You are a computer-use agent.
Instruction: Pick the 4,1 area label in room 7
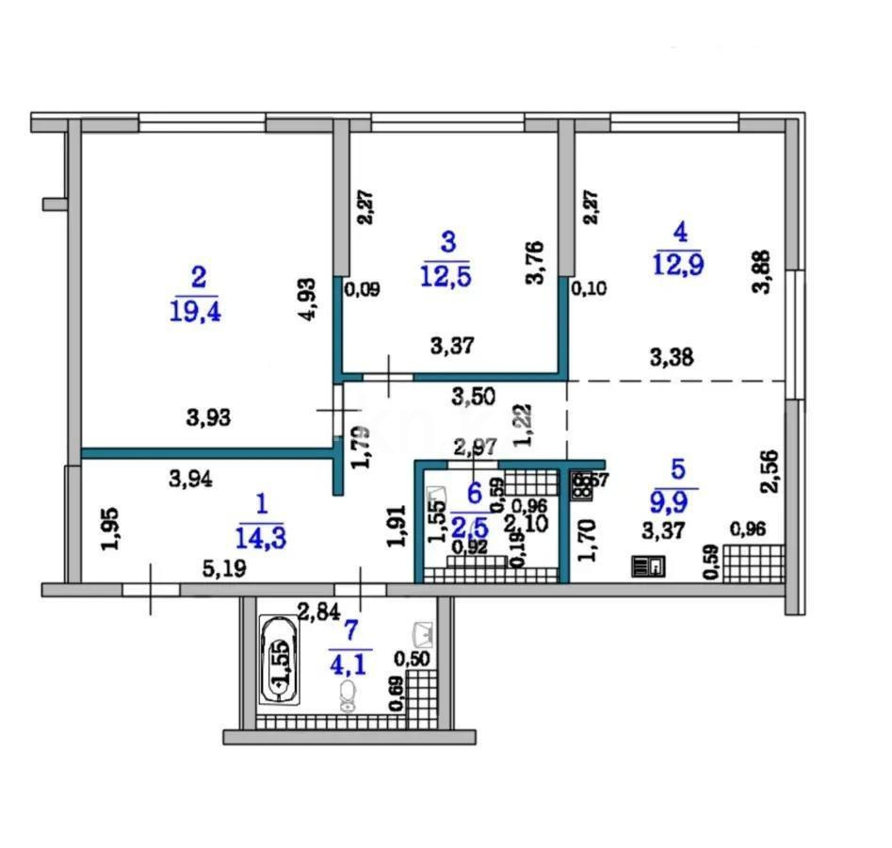(x=350, y=662)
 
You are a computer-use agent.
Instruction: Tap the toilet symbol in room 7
(x=348, y=697)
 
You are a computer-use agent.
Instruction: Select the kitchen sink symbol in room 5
(x=650, y=566)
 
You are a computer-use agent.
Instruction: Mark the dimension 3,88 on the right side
(x=765, y=272)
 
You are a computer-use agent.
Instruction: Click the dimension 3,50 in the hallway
(x=474, y=397)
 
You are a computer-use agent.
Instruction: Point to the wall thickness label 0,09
(x=363, y=291)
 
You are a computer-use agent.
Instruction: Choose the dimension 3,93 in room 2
(x=210, y=417)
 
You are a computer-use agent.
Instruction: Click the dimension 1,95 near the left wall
(x=110, y=530)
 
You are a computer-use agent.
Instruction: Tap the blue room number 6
(x=474, y=491)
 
